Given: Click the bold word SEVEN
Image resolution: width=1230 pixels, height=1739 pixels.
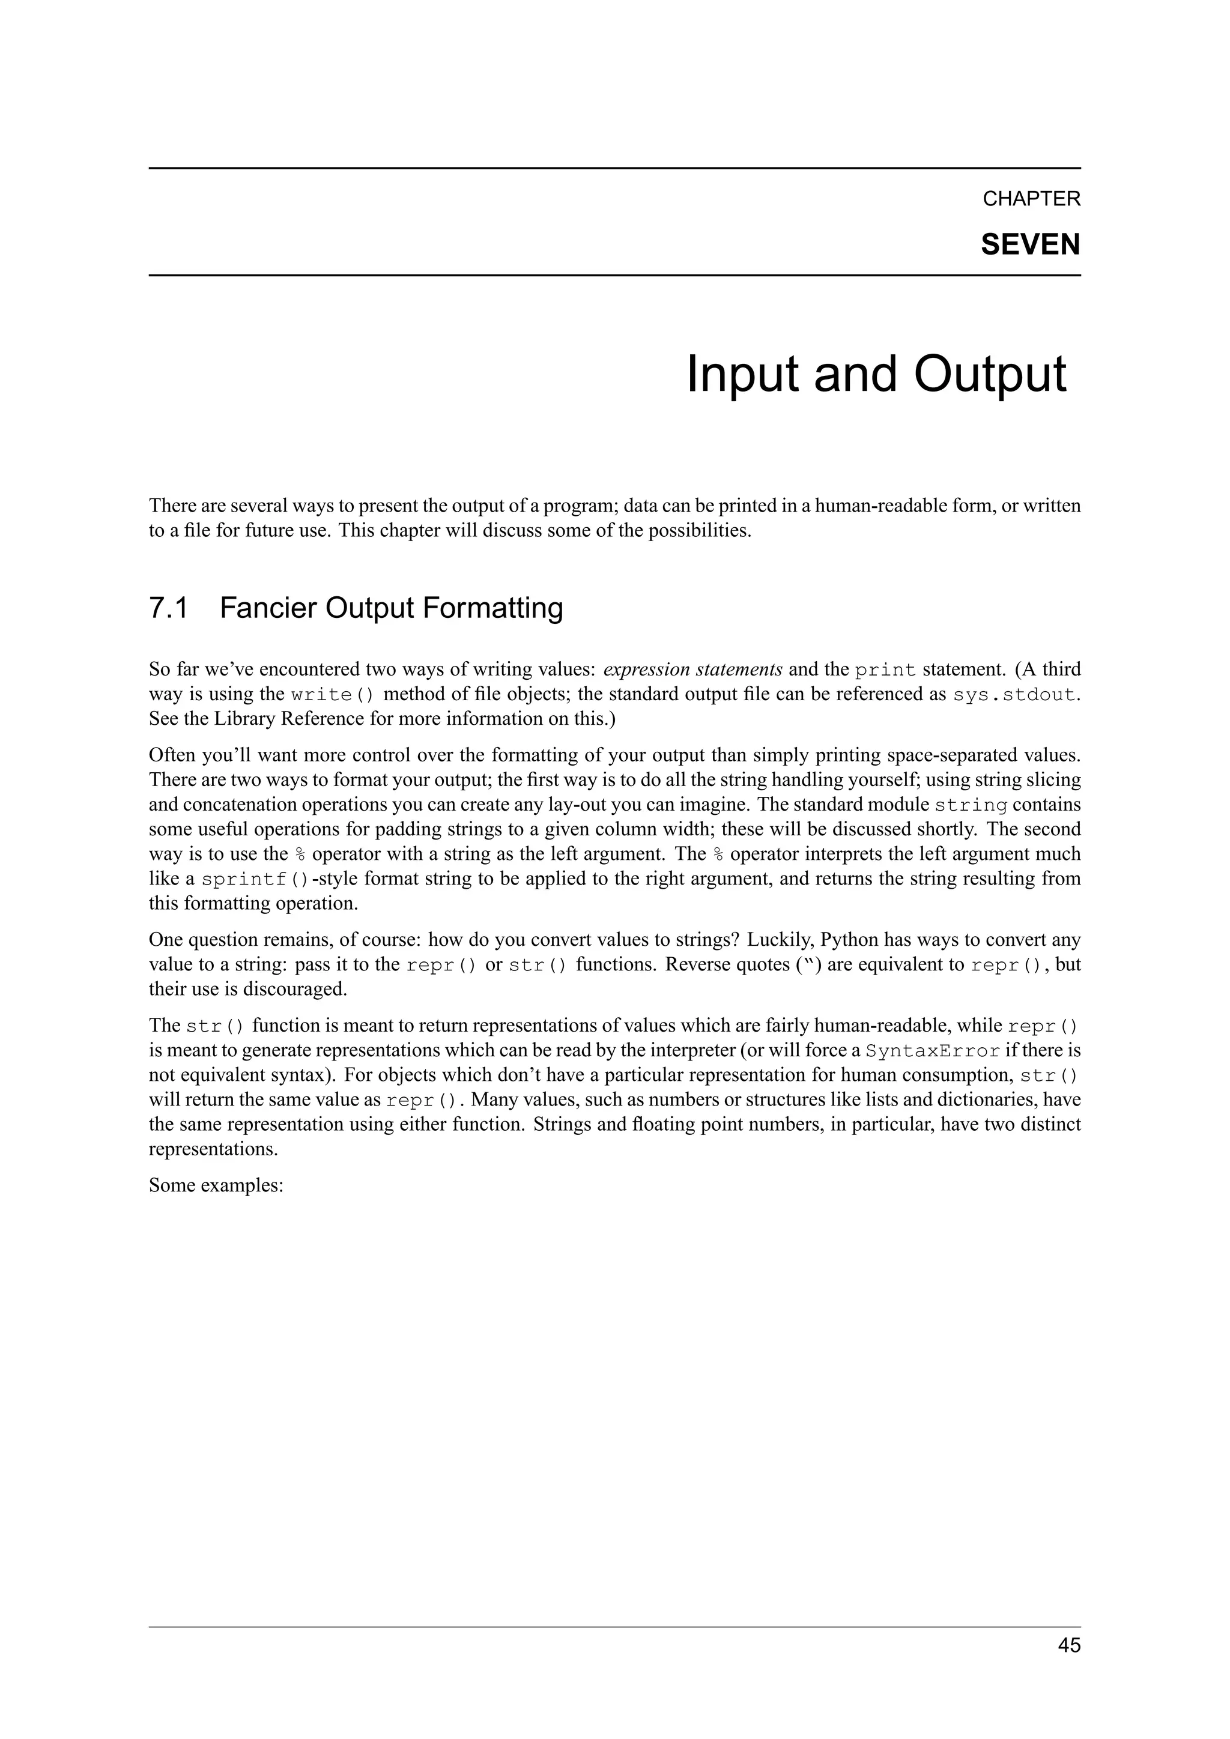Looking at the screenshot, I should click(x=1030, y=244).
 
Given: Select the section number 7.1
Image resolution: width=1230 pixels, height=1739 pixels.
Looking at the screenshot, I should click(x=168, y=608).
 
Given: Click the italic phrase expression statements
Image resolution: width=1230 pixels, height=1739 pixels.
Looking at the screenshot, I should click(x=692, y=670).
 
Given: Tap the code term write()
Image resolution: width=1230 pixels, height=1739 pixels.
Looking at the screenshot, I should click(x=333, y=695).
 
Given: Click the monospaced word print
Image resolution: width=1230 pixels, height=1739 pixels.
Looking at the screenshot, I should click(x=885, y=670).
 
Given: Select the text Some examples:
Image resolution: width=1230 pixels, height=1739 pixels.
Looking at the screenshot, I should click(x=216, y=1185).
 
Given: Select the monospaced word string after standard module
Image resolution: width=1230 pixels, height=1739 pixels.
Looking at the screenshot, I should click(x=971, y=805).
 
